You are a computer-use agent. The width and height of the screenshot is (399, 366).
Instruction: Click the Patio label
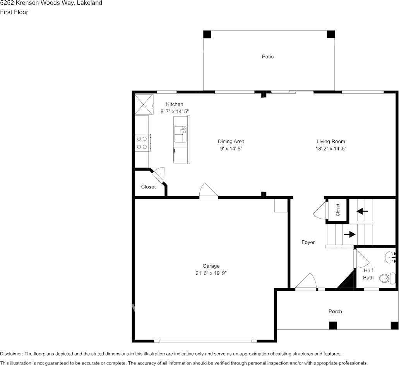click(x=267, y=57)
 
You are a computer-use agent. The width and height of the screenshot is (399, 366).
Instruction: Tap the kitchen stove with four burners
click(x=142, y=142)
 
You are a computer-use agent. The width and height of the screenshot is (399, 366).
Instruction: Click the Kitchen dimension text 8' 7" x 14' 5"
click(x=175, y=111)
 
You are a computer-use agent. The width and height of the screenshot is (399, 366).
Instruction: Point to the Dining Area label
click(x=231, y=142)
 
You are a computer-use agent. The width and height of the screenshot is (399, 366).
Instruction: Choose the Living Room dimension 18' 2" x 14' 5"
click(x=331, y=149)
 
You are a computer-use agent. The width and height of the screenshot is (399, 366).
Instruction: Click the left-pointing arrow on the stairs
click(x=362, y=211)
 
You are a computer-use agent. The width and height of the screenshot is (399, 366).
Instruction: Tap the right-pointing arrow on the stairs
click(x=350, y=234)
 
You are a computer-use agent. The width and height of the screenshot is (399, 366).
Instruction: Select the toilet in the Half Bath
click(x=387, y=278)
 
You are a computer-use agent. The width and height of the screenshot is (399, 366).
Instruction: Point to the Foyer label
click(x=308, y=243)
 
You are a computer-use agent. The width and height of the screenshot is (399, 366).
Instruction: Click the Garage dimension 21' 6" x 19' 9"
click(x=211, y=273)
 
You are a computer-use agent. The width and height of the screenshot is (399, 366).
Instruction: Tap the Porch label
click(x=335, y=311)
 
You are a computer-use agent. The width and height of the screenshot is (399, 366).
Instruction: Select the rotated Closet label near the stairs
click(x=338, y=210)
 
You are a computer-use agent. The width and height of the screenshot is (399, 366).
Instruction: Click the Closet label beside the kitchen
click(x=148, y=187)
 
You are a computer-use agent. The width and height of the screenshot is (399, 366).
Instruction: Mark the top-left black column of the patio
click(x=207, y=34)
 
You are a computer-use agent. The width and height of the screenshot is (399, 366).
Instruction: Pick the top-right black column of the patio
click(x=331, y=34)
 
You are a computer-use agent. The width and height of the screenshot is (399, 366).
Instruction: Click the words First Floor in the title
click(x=14, y=12)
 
